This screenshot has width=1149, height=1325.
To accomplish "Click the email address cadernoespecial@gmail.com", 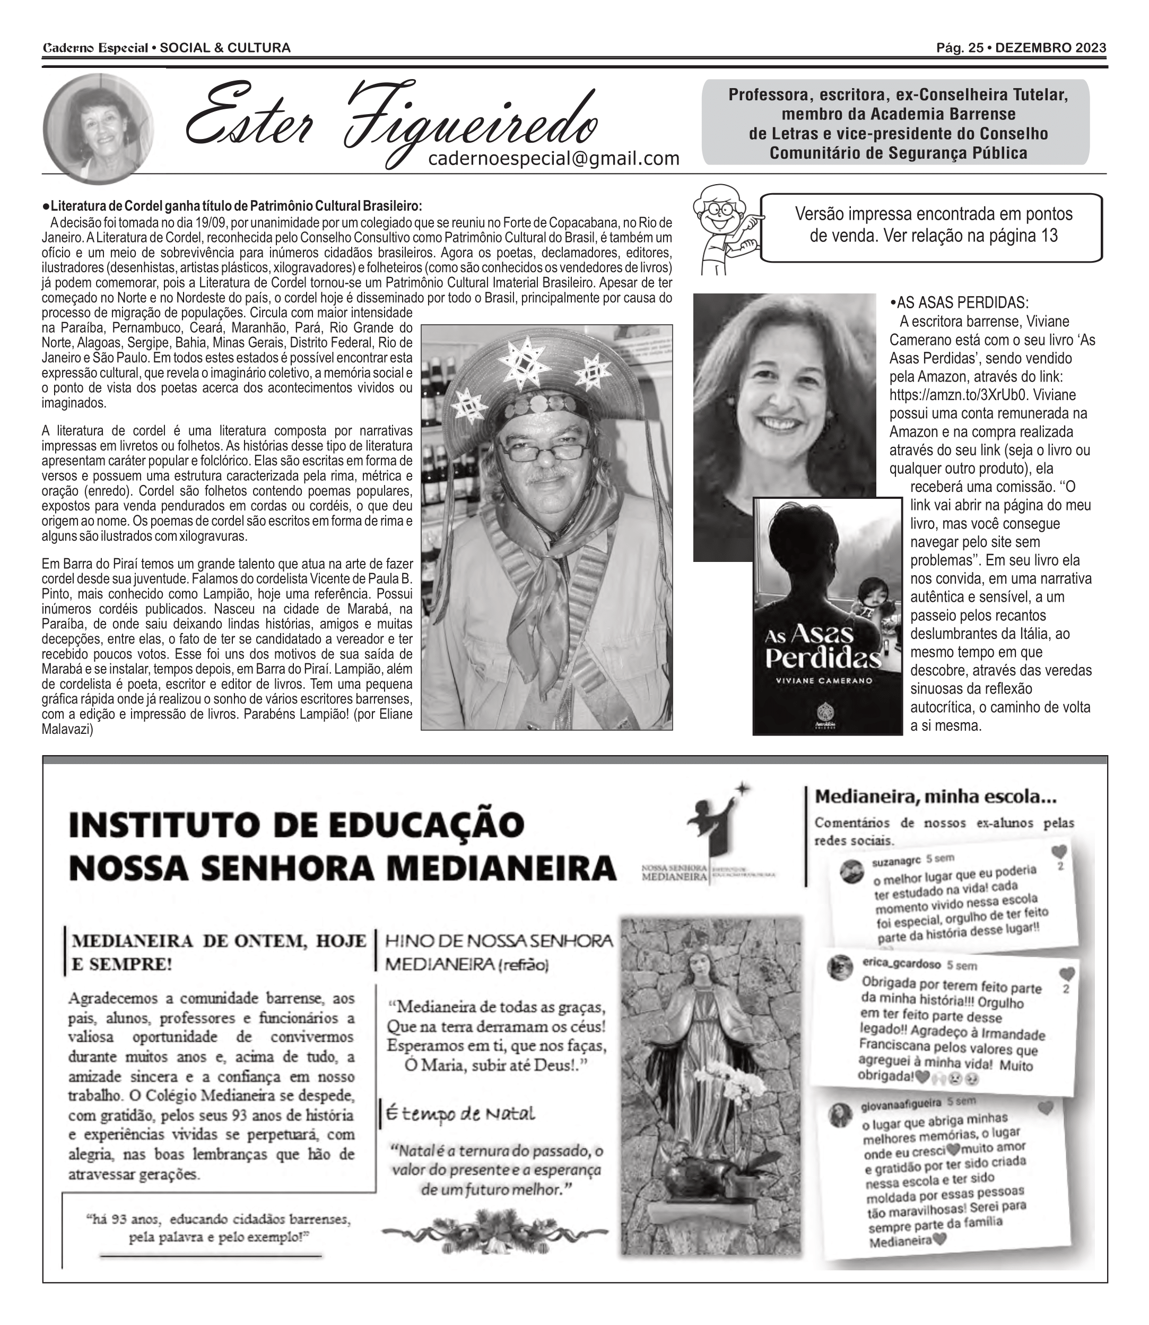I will click(553, 158).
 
